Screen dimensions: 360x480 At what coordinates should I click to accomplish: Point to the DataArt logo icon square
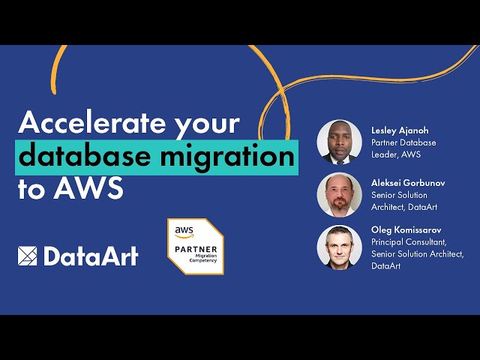click(28, 256)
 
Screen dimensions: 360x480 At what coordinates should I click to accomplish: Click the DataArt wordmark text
click(91, 256)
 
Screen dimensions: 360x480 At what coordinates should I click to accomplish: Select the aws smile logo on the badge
click(184, 232)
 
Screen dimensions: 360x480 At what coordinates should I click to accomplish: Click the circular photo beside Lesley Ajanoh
click(339, 142)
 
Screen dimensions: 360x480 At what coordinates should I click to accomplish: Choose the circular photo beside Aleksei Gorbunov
click(339, 195)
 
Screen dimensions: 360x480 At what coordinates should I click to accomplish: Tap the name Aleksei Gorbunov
click(409, 183)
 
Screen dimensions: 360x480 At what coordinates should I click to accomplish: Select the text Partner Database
click(403, 142)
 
